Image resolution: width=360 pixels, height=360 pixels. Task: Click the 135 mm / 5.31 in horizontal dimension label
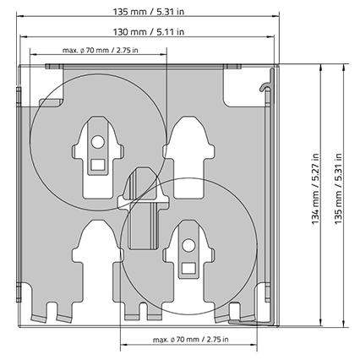coord(149,12)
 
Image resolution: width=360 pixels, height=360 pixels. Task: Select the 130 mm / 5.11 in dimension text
coord(149,32)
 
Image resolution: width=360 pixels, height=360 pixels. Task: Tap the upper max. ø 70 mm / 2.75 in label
coord(101,51)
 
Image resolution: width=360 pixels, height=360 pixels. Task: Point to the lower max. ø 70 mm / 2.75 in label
coord(191,340)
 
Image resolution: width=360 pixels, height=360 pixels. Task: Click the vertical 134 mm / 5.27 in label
coord(315,188)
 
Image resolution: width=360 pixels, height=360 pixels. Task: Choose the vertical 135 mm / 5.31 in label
coord(338,188)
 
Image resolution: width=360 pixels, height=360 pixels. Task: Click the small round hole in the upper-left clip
coord(98,142)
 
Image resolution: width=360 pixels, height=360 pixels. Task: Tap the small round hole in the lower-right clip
coord(188,245)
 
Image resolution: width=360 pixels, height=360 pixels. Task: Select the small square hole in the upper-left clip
coord(98,165)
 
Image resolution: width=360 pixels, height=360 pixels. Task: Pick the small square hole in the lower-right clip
coord(188,268)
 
